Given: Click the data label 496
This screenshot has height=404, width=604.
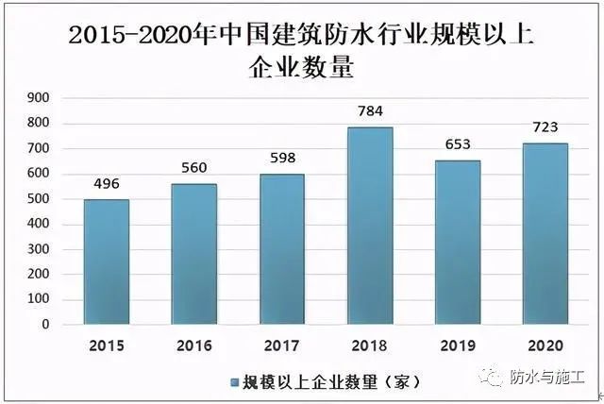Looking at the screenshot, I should tap(106, 184).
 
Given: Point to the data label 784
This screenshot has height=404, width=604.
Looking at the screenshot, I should tap(370, 112).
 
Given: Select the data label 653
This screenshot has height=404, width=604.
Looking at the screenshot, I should tap(458, 145).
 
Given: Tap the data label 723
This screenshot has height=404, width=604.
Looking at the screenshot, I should tap(545, 127).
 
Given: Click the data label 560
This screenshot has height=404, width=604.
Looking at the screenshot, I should tap(194, 168).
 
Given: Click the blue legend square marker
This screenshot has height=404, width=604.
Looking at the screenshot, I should tap(234, 382).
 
